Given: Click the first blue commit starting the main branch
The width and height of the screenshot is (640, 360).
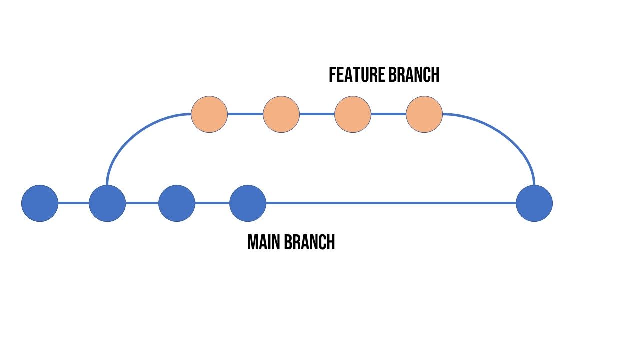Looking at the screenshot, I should (40, 203).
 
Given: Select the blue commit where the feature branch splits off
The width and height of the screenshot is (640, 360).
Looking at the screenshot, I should (107, 203).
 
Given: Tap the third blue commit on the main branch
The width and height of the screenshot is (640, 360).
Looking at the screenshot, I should (177, 203).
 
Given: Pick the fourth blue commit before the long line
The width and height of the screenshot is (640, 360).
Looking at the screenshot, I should (248, 203).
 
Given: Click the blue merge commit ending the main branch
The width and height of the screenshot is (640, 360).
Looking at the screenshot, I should (534, 203).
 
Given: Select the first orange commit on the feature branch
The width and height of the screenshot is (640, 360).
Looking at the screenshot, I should (209, 114).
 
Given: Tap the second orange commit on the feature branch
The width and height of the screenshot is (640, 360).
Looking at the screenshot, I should (281, 114).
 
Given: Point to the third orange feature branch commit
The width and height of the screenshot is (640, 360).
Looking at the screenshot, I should (353, 114).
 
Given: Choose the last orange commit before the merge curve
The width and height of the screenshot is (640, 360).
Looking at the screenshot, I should (424, 114).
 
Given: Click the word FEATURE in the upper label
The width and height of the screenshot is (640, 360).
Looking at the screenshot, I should (357, 75).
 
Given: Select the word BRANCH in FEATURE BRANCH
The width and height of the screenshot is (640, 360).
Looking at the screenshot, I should (414, 75).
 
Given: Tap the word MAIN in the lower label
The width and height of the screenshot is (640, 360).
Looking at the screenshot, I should (264, 243).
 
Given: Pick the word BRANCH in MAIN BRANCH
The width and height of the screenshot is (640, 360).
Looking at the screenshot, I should (309, 243).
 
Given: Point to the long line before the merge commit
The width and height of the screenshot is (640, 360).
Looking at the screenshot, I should (390, 203).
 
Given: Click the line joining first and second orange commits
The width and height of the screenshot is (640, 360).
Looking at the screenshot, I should (245, 114).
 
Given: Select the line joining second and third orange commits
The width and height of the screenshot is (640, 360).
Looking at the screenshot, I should (317, 114).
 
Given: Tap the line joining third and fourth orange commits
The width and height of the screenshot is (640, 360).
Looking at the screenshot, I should (388, 114).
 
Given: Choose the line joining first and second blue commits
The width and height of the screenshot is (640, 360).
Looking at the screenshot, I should (73, 203).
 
